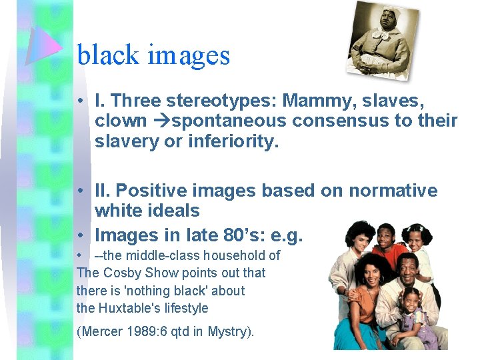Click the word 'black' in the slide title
point(107,55)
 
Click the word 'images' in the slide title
point(189,56)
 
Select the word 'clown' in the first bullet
point(121,121)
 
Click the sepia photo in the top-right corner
point(383,39)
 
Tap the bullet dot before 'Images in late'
point(79,236)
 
